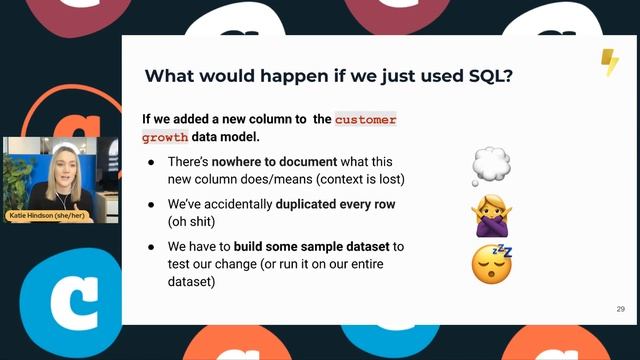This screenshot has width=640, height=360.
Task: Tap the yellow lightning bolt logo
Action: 608,62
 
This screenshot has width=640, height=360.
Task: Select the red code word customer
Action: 365,119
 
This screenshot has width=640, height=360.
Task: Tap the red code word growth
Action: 165,137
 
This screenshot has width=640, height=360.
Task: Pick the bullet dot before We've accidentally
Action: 151,204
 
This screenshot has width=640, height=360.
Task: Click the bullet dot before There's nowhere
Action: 151,161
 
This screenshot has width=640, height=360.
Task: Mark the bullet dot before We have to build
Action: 151,246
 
